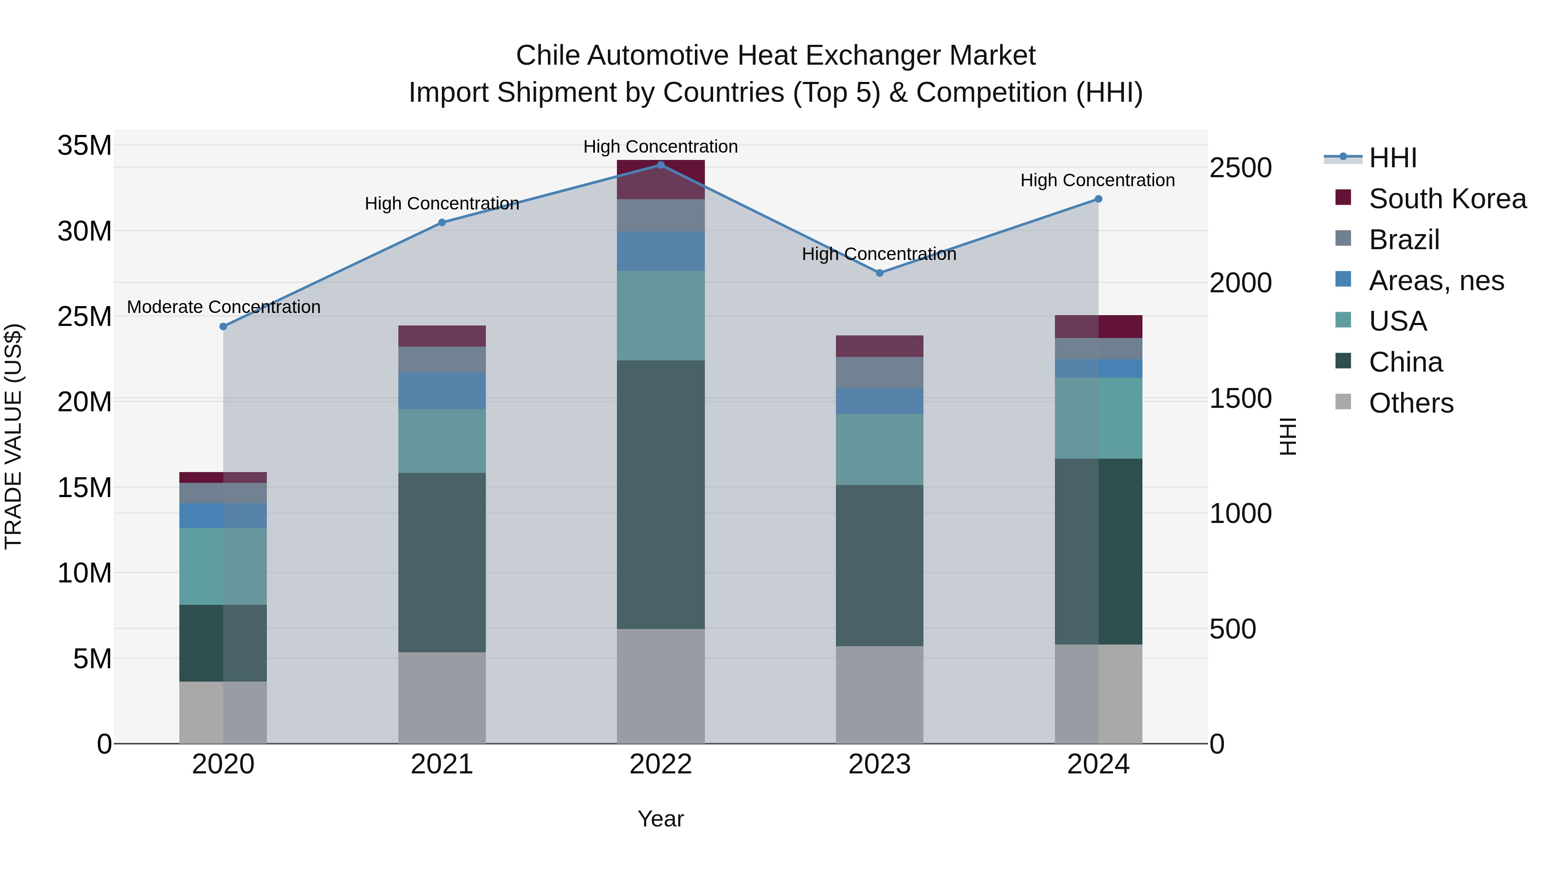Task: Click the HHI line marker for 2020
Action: [223, 326]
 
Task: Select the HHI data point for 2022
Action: [660, 165]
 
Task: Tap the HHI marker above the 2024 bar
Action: [1098, 199]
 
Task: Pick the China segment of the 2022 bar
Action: [660, 494]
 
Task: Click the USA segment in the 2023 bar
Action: [879, 449]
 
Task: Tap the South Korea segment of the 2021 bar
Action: [441, 335]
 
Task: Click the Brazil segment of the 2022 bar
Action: [660, 215]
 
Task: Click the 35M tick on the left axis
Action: [84, 145]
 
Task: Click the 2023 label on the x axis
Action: [879, 764]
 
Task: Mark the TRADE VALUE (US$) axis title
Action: [13, 436]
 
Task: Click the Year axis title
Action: [660, 819]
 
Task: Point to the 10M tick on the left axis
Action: [84, 573]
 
